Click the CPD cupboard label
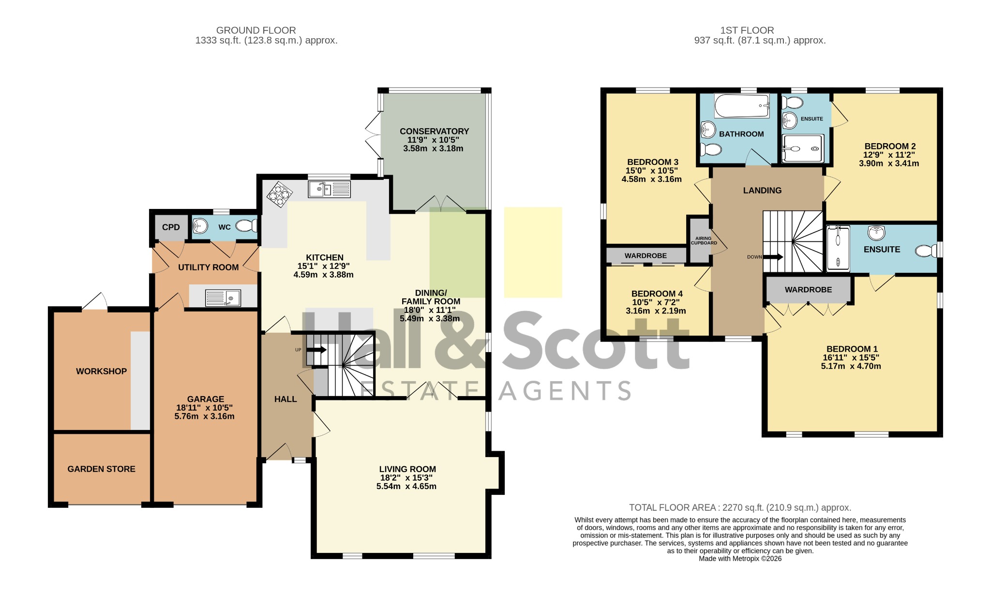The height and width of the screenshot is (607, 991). [x=171, y=227]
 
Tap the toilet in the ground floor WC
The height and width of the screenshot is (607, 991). [x=247, y=226]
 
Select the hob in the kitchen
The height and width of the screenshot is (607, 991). [x=280, y=194]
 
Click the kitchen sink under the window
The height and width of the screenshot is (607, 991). [x=329, y=189]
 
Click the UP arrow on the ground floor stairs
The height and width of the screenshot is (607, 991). [x=316, y=350]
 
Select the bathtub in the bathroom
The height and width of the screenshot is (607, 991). [x=742, y=106]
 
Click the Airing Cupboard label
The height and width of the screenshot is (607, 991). [x=704, y=240]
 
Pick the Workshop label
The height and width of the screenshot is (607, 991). [x=101, y=371]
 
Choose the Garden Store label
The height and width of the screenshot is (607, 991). [x=101, y=469]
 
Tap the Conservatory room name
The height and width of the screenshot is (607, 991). [x=434, y=132]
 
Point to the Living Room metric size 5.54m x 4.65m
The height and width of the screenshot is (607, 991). [x=406, y=487]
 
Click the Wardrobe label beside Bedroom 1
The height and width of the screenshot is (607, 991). [x=808, y=290]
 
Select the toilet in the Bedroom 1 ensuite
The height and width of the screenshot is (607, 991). [x=926, y=251]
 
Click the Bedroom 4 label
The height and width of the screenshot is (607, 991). [x=657, y=294]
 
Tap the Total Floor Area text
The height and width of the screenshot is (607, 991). [x=740, y=508]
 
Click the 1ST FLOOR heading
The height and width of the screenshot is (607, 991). [x=747, y=30]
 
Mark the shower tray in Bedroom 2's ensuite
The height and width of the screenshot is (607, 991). [x=803, y=148]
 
